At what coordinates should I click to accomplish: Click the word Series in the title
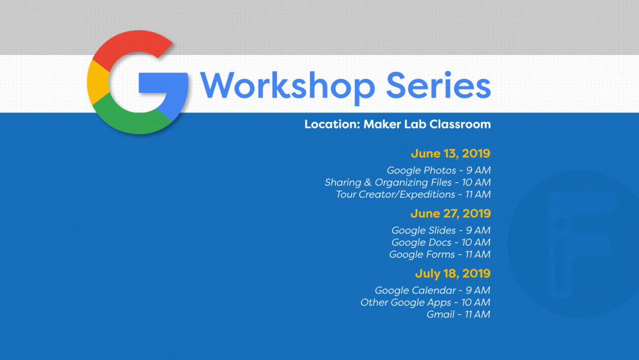coord(438,86)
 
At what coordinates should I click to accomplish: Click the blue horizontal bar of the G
coord(163,83)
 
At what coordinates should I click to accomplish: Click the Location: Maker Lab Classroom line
coord(397,124)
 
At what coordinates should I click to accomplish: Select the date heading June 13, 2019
coord(450,153)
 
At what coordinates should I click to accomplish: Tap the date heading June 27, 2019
coord(450,213)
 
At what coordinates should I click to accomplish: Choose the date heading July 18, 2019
coord(453,274)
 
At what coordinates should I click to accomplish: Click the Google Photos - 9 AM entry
coord(438,171)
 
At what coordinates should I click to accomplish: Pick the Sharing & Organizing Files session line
coord(408,182)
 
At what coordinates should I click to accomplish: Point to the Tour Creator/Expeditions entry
coord(413,194)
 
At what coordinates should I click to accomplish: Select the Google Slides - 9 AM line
coord(441,230)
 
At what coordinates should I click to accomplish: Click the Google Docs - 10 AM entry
coord(441,242)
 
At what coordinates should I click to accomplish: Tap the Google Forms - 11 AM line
coord(440,255)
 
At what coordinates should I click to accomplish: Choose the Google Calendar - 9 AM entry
coord(433,290)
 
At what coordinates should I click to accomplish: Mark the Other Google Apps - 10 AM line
coord(425,303)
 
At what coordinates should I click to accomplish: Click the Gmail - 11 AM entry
coord(458,314)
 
